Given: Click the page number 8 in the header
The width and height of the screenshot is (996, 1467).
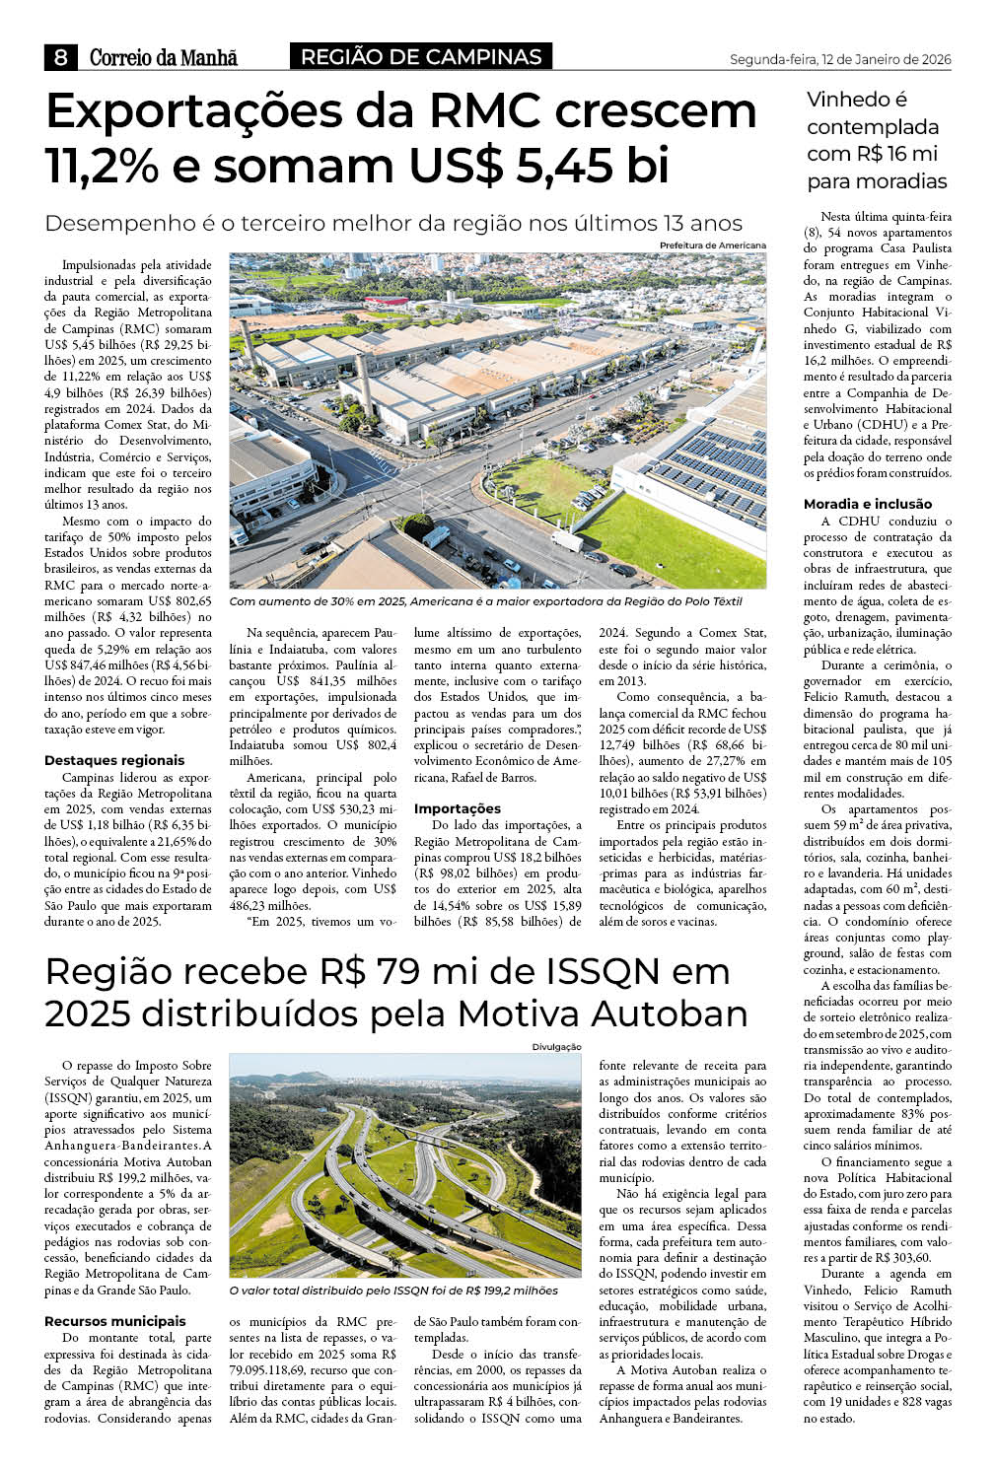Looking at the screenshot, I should click(x=60, y=58).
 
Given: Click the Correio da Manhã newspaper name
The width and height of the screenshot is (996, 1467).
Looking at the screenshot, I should click(x=164, y=58).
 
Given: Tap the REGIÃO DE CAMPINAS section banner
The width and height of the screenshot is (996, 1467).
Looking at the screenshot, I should click(x=421, y=57).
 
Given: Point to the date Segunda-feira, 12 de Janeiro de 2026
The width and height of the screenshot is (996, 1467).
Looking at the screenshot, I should click(x=839, y=60).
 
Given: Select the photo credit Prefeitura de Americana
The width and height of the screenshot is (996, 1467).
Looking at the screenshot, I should click(x=712, y=245).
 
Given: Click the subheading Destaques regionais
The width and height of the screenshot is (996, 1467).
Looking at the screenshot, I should click(x=114, y=760).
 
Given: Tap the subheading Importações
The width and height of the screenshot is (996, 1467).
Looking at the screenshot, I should click(x=458, y=808).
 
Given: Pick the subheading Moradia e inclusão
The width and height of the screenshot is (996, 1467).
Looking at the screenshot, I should click(x=868, y=504).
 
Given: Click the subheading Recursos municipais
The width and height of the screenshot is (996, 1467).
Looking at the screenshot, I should click(x=115, y=1321).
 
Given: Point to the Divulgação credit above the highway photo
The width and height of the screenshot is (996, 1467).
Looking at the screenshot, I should click(x=556, y=1047).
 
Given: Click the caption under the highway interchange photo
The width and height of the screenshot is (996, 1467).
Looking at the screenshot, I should click(x=393, y=1291).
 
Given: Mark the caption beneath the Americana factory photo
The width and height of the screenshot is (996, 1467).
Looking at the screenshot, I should click(x=485, y=601).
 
